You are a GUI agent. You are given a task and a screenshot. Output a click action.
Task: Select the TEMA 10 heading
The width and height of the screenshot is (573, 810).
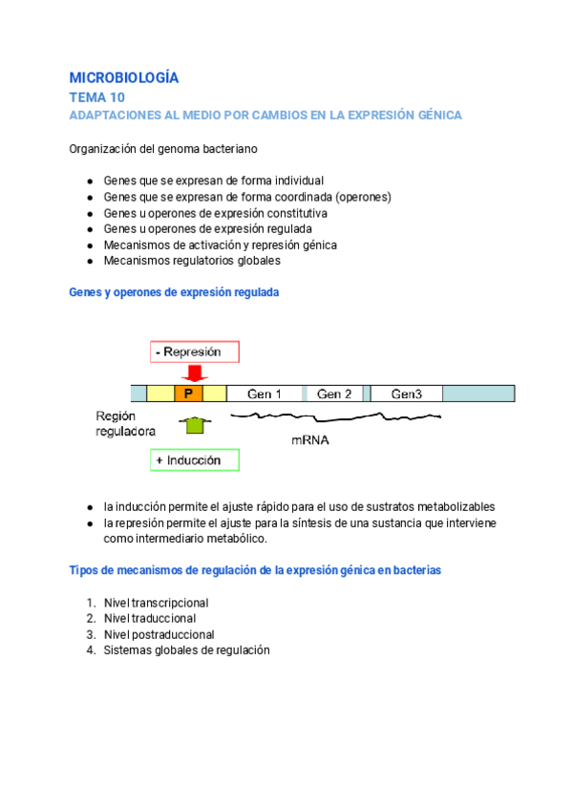(x=96, y=97)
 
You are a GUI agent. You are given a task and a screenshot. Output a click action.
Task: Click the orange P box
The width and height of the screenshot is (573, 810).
(x=188, y=394)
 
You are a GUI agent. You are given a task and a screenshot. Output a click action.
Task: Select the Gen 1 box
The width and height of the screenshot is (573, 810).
(x=265, y=394)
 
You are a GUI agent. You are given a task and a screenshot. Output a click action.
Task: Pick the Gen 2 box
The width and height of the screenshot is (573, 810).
(x=334, y=394)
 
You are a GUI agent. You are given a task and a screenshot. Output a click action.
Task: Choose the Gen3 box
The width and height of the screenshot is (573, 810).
(x=406, y=394)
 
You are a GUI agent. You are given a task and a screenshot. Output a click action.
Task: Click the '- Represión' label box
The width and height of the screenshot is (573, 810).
(x=194, y=352)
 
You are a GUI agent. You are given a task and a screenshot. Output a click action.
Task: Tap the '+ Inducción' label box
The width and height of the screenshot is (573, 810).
(x=194, y=460)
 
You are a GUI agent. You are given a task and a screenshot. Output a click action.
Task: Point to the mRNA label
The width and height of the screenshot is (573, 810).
(x=311, y=440)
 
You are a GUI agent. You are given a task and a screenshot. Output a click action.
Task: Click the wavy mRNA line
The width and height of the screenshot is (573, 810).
(x=334, y=416)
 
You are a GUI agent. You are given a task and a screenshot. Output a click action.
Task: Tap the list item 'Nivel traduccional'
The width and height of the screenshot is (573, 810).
(x=150, y=619)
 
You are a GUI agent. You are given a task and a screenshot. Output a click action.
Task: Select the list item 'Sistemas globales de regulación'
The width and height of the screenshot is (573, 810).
(x=187, y=650)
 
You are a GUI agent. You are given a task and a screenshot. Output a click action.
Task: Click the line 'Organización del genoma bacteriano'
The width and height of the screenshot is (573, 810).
(x=162, y=149)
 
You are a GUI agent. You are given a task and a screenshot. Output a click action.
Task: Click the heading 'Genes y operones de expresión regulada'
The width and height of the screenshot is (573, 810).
(x=175, y=293)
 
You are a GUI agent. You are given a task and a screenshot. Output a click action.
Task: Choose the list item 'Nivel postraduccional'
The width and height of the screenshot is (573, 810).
(x=159, y=634)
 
